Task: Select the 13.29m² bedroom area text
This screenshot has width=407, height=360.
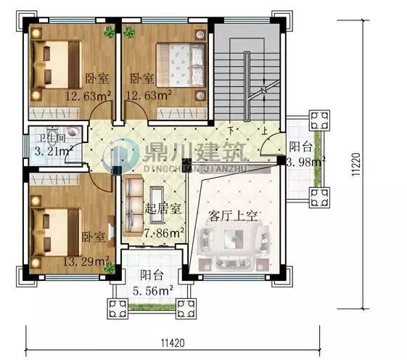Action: point(86,260)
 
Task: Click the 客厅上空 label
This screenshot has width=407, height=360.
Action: point(234,216)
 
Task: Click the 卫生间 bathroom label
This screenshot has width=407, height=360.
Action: point(52,137)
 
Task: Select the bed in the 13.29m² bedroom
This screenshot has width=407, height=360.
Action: point(61,222)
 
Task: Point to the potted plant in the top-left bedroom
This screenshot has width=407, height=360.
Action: point(110,30)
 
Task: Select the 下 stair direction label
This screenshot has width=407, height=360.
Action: point(230,131)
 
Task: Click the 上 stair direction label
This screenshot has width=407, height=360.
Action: point(266,131)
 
